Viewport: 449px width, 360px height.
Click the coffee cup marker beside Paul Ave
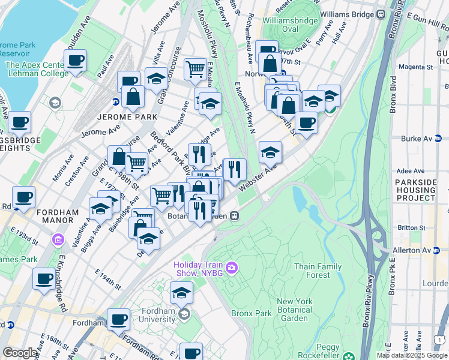(x=76, y=61)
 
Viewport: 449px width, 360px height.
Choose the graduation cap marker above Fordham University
(x=181, y=293)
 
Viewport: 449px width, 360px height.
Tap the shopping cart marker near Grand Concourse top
(x=195, y=69)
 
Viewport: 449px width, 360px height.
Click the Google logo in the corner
(x=20, y=353)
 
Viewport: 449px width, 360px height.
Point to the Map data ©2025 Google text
(x=411, y=355)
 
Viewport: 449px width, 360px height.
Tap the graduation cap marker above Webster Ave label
(x=271, y=152)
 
